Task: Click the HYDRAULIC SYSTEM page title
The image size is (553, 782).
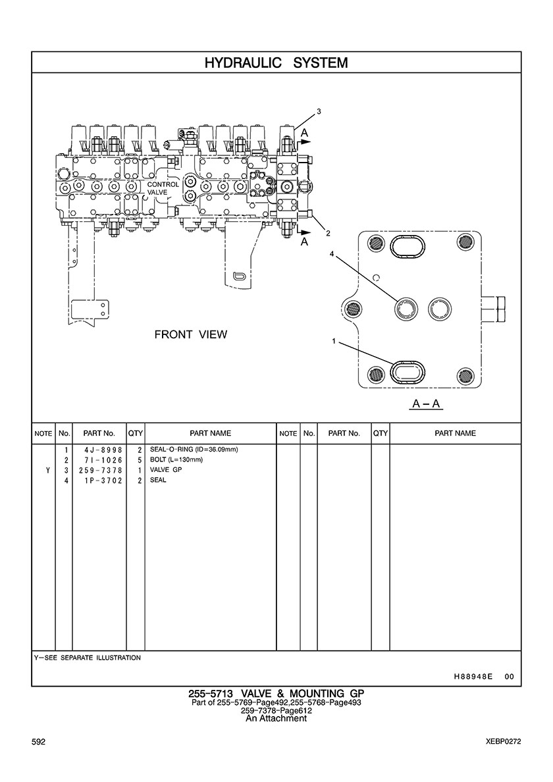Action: coord(276,63)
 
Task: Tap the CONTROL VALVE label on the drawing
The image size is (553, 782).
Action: coord(163,188)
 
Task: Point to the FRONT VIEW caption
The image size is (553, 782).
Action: coord(190,334)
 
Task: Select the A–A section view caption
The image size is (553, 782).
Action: coord(426,404)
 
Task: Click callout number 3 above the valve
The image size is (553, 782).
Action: coord(319,112)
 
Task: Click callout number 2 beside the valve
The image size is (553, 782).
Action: coord(328,233)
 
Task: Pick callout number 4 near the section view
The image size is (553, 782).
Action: coord(332,253)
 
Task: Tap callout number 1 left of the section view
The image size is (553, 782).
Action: coord(334,341)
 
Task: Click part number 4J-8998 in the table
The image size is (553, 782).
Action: coord(99,450)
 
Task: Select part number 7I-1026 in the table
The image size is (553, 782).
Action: coord(99,459)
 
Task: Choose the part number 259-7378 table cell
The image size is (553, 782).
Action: coord(99,470)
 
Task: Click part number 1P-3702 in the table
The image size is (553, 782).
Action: coord(99,481)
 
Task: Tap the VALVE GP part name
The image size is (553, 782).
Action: coord(166,470)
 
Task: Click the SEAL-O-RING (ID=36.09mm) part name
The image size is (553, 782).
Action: coord(194,450)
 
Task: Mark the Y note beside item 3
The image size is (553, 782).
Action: coord(47,470)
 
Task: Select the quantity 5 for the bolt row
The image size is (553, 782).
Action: coord(140,459)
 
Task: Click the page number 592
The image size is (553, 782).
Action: coord(39,741)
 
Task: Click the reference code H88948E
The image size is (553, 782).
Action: coord(473,676)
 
